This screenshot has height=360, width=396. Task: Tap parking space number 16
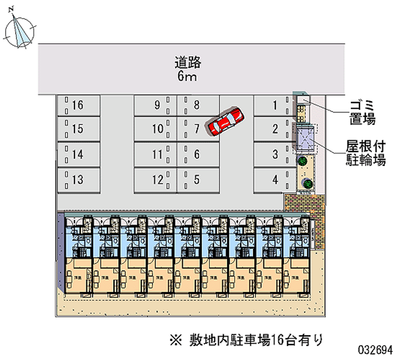[x=79, y=105]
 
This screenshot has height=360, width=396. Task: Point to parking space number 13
[x=79, y=180]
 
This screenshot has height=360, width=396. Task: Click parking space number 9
[x=154, y=105]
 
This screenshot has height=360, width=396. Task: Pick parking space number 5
[x=198, y=180]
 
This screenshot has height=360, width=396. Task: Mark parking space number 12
[x=154, y=180]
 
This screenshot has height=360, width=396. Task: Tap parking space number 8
[x=198, y=105]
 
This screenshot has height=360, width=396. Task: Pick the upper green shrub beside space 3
[x=301, y=161]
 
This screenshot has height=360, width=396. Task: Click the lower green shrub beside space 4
[x=308, y=183]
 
